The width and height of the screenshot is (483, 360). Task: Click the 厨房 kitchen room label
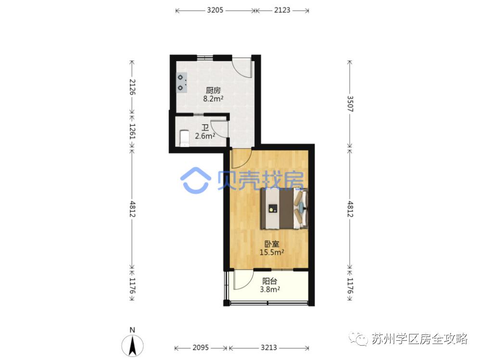[x=213, y=90]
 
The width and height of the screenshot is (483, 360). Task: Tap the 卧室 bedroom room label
[x=272, y=244]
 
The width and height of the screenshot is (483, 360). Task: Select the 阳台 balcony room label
[x=269, y=281]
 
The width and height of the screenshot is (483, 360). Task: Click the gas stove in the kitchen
[x=181, y=82]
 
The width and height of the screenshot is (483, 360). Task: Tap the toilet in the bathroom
[x=183, y=137]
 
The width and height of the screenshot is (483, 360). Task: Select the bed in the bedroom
[x=284, y=209]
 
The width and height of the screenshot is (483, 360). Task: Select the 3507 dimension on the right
[x=350, y=103]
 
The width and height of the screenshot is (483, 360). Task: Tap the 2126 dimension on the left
[x=132, y=87]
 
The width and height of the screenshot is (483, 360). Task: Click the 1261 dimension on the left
[x=132, y=129]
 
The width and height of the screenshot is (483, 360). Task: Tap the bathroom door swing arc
[x=217, y=129]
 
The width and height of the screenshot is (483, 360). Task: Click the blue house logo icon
[x=195, y=179]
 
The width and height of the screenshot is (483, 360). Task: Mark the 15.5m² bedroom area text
[x=272, y=251]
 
